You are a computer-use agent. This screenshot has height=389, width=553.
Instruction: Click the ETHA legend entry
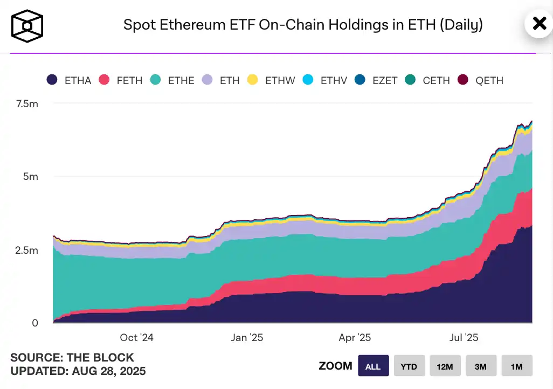[69, 80]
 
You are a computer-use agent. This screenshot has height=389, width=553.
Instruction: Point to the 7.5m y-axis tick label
[25, 103]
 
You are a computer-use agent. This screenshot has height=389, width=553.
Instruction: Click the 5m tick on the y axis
[30, 177]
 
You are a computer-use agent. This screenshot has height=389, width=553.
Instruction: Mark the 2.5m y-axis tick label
[25, 250]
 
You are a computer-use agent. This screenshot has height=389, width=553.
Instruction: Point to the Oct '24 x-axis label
[136, 338]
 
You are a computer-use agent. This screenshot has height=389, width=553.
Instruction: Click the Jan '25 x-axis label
[247, 338]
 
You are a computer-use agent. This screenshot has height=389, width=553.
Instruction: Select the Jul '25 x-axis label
[464, 338]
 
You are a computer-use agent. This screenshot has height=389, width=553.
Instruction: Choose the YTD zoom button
[409, 366]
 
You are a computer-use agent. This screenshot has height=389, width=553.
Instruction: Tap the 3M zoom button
[481, 366]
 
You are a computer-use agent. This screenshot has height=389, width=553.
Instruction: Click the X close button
[539, 24]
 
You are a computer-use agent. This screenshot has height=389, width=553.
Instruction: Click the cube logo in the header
[27, 25]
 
